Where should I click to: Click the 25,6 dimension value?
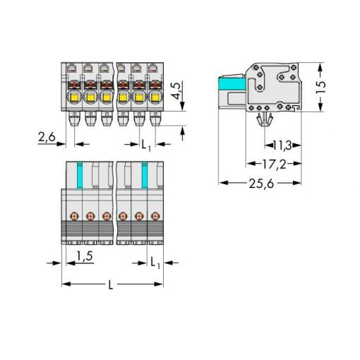pyautogui.click(x=261, y=184)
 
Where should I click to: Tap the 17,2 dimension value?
pyautogui.click(x=274, y=164)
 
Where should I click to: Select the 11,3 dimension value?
pyautogui.click(x=282, y=145)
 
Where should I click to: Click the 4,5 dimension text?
pyautogui.click(x=178, y=90)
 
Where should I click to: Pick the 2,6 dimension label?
pyautogui.click(x=47, y=137)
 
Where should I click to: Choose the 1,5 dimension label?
pyautogui.click(x=85, y=256)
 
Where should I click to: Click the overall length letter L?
pyautogui.click(x=110, y=285)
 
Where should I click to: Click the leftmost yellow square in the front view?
pyautogui.click(x=74, y=97)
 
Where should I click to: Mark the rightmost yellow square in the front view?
pyautogui.click(x=155, y=97)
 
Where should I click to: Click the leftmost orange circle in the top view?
pyautogui.click(x=74, y=216)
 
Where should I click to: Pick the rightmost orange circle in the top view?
pyautogui.click(x=155, y=216)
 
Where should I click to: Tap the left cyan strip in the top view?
pyautogui.click(x=80, y=175)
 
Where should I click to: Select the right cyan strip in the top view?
pyautogui.click(x=145, y=175)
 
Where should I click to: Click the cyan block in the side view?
pyautogui.click(x=232, y=84)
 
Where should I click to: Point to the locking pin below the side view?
pyautogui.click(x=265, y=119)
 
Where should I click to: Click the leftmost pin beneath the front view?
pyautogui.click(x=74, y=119)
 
